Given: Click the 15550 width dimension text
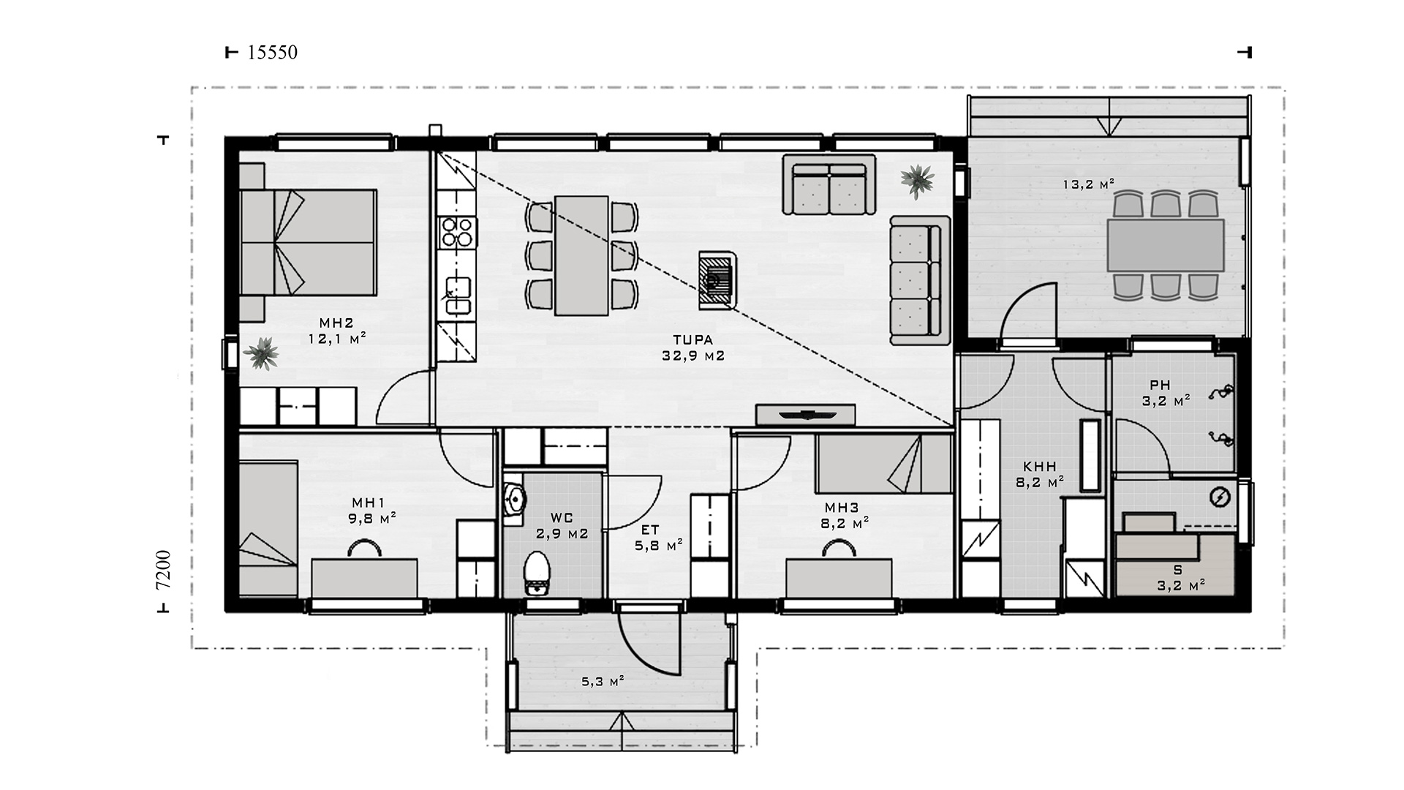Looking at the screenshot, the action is point(273,53).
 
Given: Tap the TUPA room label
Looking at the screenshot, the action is point(693,340).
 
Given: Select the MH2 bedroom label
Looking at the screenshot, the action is point(336,323).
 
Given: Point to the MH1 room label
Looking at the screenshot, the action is point(369,503).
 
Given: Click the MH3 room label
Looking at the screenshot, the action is point(842,508).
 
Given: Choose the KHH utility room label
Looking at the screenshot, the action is point(1039,467).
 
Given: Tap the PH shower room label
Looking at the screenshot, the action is point(1160,385).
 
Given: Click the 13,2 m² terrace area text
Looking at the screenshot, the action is point(1089,184).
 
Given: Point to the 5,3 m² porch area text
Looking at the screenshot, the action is point(603,682).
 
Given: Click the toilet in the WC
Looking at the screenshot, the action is point(537,573).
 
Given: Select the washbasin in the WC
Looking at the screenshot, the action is point(515,499).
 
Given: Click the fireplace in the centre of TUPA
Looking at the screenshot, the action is point(714,281).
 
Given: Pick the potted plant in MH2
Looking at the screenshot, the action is point(261,354).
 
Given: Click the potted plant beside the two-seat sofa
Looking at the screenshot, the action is point(917,180).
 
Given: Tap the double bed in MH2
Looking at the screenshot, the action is point(308,242).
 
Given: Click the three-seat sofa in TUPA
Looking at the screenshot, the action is point(919,280).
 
